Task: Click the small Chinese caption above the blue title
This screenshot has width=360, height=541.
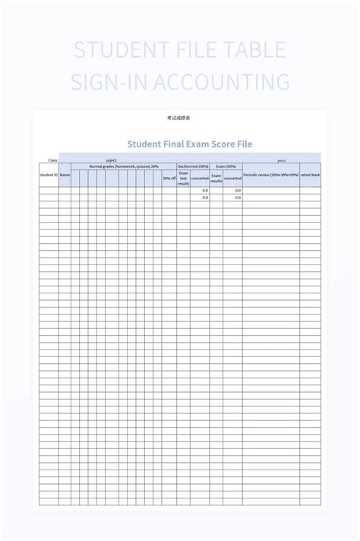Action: click(179, 119)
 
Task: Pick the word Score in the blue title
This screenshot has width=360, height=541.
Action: click(232, 144)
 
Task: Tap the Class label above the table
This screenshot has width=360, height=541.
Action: click(52, 160)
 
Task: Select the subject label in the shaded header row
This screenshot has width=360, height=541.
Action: click(112, 160)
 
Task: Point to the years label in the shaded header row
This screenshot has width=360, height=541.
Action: click(282, 160)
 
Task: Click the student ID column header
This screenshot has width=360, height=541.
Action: click(49, 175)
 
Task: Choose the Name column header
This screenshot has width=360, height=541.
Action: click(65, 175)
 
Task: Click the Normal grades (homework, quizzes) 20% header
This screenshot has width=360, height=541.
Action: click(124, 166)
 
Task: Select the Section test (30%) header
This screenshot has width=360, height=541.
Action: click(193, 166)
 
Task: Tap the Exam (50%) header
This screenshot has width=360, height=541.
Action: click(226, 166)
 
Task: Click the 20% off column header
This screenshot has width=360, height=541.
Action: click(169, 179)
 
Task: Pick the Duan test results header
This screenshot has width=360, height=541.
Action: click(184, 178)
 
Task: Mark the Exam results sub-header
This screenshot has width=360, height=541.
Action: click(216, 178)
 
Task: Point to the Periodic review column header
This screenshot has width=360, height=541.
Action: click(271, 175)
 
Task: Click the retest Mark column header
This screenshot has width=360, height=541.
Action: click(310, 175)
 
